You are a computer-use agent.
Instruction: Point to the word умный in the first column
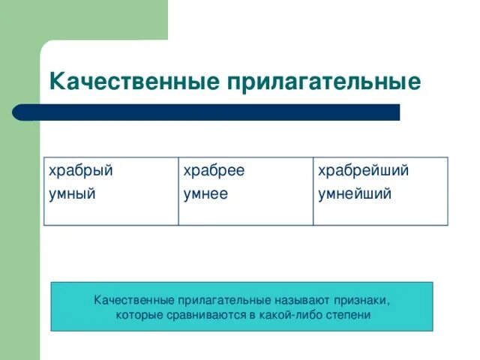pyautogui.click(x=72, y=194)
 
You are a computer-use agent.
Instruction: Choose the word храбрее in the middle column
pyautogui.click(x=214, y=171)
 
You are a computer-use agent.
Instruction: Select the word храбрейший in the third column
pyautogui.click(x=364, y=171)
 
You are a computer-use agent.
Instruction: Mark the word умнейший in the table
pyautogui.click(x=355, y=194)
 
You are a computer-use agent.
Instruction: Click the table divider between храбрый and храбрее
pyautogui.click(x=178, y=191)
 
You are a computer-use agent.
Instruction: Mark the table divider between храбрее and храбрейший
pyautogui.click(x=313, y=191)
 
